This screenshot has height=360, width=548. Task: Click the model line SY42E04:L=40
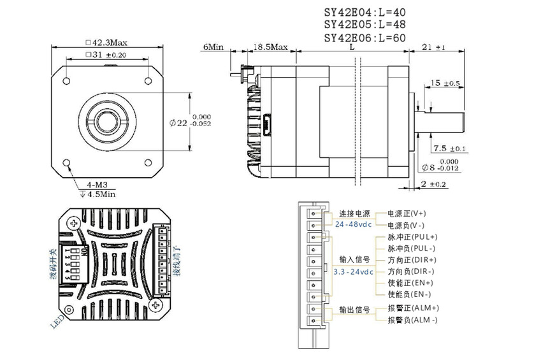point(364,11)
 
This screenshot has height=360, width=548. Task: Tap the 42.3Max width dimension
point(106,42)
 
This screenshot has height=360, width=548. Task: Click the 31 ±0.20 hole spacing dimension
point(106,55)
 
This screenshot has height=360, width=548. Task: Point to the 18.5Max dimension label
point(271,47)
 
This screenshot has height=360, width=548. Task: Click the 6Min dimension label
point(213,47)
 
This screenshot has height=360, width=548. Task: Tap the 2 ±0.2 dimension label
point(435,184)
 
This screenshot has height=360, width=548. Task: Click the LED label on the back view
point(57,321)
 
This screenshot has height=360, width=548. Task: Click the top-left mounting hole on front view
point(66,81)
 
